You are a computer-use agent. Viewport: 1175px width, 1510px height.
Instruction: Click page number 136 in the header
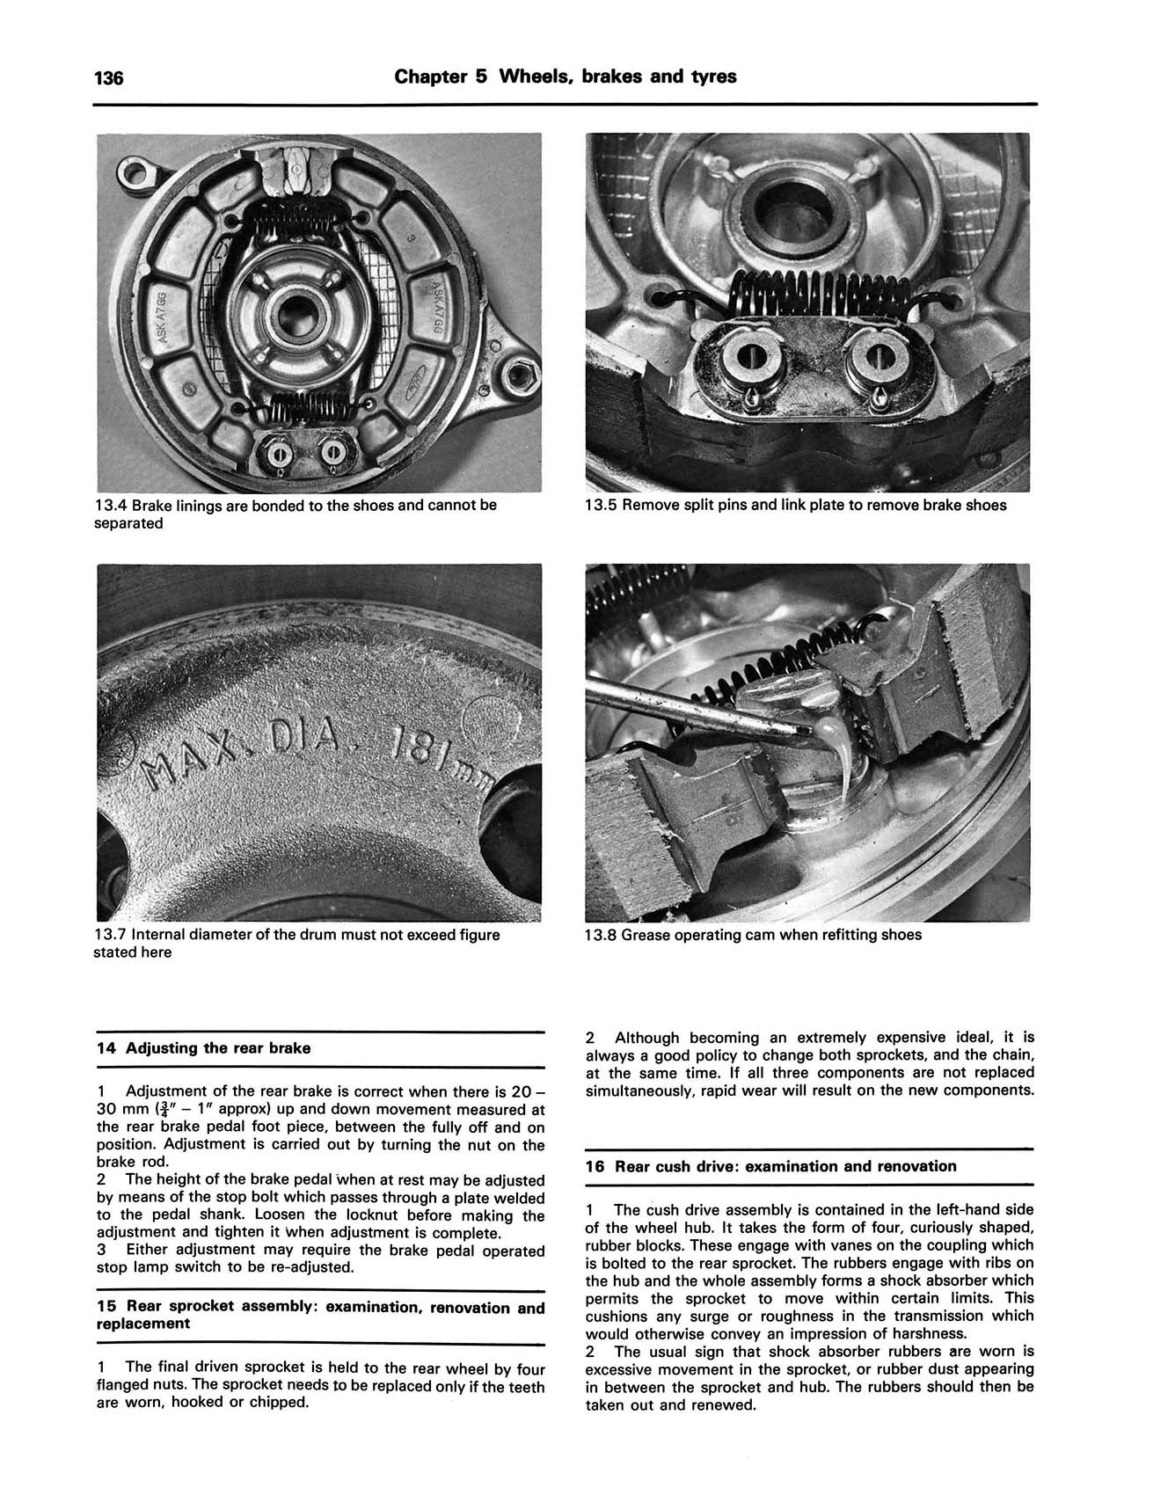[x=108, y=78]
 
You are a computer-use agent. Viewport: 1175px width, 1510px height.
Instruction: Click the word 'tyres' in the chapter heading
[x=713, y=77]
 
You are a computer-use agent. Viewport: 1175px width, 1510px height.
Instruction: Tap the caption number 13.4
[x=111, y=506]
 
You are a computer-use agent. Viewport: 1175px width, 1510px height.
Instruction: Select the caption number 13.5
[x=601, y=506]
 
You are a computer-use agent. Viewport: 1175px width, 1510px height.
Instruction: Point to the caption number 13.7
[x=111, y=935]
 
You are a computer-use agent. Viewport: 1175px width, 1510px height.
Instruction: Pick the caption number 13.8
[x=601, y=935]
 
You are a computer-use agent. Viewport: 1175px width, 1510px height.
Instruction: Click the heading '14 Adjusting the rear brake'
[x=203, y=1048]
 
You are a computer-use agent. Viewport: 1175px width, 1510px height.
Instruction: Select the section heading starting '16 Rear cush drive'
[x=770, y=1166]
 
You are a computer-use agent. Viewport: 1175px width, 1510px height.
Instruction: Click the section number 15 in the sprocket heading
[x=105, y=1307]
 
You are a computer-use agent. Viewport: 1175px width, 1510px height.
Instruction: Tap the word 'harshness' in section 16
[x=931, y=1333]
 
